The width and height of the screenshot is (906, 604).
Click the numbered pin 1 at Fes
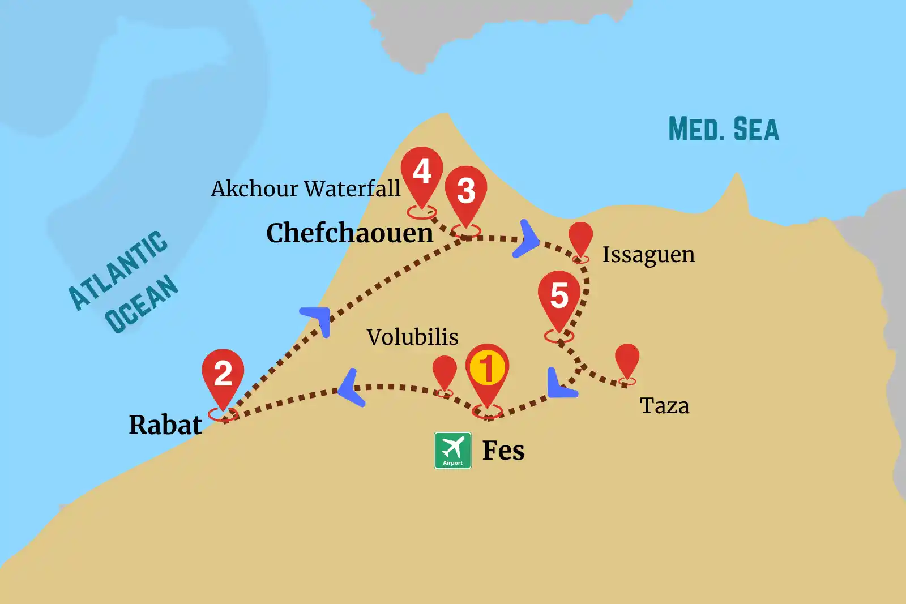click(487, 369)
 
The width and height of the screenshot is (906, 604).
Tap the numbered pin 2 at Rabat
click(223, 374)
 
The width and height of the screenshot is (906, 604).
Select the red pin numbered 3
click(465, 191)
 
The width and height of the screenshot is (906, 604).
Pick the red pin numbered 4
click(422, 172)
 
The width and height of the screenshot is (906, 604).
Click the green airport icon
click(452, 451)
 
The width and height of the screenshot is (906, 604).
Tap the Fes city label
click(503, 451)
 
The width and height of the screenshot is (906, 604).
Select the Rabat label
click(165, 425)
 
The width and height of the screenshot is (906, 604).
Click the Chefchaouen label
click(349, 233)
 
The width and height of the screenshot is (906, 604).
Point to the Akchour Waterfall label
click(305, 189)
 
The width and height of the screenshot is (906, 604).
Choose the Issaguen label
click(648, 255)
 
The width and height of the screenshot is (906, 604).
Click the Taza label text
click(664, 406)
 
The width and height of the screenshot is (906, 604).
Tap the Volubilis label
click(412, 337)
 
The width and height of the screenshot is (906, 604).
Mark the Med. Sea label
click(724, 130)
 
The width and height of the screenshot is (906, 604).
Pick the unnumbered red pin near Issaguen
click(580, 237)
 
